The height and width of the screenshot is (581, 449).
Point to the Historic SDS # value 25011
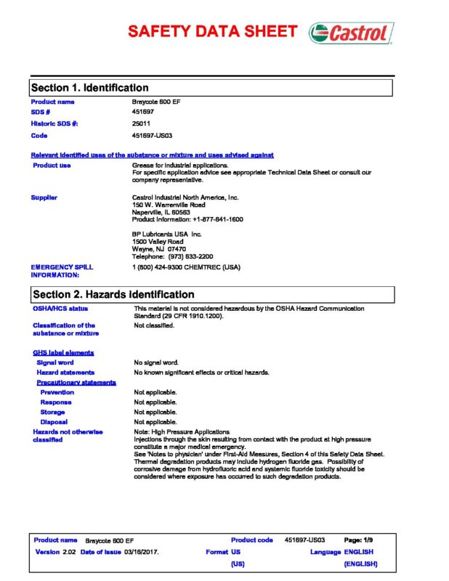pyautogui.click(x=142, y=123)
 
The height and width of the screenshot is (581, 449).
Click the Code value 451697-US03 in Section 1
pyautogui.click(x=152, y=135)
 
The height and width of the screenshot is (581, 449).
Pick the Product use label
pyautogui.click(x=52, y=166)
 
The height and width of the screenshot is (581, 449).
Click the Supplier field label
pyautogui.click(x=44, y=197)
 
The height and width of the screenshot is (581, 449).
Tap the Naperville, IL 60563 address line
pyautogui.click(x=162, y=212)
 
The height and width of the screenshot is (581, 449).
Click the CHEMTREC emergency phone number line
pyautogui.click(x=186, y=267)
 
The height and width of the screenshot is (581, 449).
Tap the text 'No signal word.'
pyautogui.click(x=156, y=362)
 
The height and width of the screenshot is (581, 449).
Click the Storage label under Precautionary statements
pyautogui.click(x=52, y=412)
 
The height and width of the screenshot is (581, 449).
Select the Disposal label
pyautogui.click(x=54, y=421)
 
